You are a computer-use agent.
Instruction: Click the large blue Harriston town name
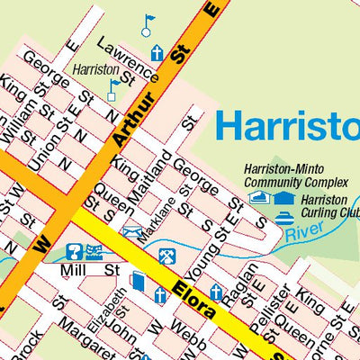[287, 126]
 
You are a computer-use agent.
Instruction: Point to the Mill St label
[90, 269]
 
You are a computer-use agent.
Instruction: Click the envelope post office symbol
[131, 232]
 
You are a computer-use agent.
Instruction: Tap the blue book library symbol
[137, 282]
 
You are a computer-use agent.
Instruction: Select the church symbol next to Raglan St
[216, 292]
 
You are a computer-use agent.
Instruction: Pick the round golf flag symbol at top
[148, 25]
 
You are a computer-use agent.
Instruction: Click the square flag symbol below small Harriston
[112, 88]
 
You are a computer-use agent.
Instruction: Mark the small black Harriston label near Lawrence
[96, 68]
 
